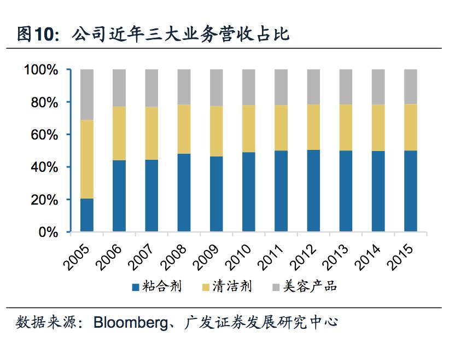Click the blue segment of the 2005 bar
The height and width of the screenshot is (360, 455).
[87, 215]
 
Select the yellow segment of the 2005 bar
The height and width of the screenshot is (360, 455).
[87, 159]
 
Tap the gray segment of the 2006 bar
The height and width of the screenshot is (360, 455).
[119, 88]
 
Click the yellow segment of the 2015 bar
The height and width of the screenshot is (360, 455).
[411, 127]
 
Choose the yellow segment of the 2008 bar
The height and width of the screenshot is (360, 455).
[184, 129]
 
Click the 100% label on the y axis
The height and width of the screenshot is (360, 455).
[41, 70]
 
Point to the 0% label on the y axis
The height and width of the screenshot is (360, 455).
[49, 232]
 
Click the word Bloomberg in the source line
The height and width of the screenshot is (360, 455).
[130, 322]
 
